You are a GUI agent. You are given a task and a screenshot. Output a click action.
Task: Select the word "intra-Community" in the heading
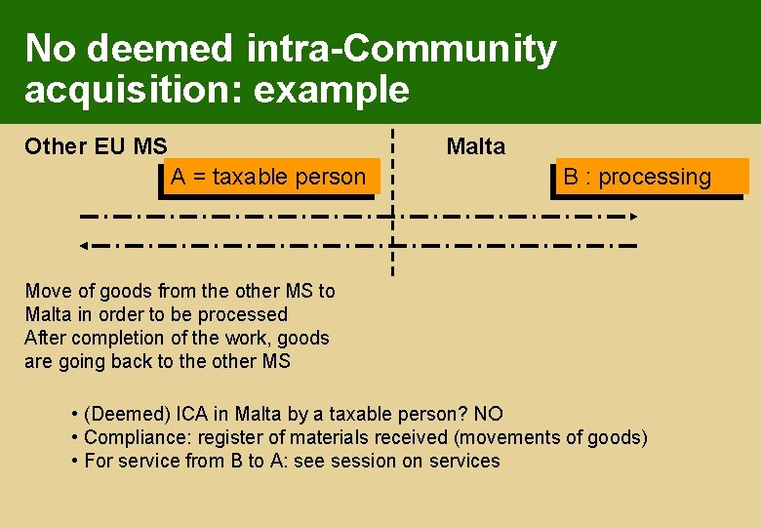[x=401, y=48]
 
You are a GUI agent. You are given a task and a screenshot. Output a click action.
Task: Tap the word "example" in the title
[x=332, y=90]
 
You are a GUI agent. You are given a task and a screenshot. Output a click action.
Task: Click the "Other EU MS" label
[x=96, y=147]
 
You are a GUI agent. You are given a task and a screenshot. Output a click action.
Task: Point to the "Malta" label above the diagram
[x=476, y=147]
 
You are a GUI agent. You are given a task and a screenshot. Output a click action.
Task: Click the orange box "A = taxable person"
[x=267, y=177]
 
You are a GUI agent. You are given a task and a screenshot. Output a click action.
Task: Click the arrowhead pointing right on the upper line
[x=632, y=215]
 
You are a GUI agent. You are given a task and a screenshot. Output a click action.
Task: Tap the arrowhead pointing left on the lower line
[x=84, y=245]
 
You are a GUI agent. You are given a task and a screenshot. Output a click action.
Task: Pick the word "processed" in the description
[x=243, y=314]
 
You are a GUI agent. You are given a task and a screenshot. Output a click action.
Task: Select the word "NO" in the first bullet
[x=488, y=414]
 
